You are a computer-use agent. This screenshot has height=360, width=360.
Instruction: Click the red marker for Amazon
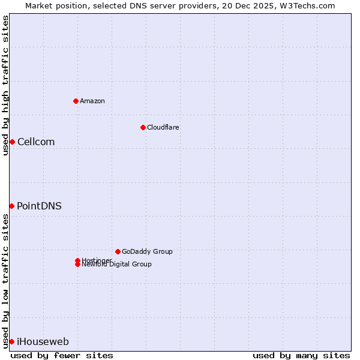coord(76,101)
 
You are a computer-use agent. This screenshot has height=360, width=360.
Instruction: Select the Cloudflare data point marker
coord(143,127)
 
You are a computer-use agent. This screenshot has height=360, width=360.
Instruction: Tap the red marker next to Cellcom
coord(12,142)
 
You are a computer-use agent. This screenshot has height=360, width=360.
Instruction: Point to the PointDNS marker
coord(11,206)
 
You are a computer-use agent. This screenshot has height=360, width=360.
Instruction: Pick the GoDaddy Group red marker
coord(118,251)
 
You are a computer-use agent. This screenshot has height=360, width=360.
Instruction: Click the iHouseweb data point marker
coord(11,341)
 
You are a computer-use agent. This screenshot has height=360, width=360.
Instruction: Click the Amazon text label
coord(92,101)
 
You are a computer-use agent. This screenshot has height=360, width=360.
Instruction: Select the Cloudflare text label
coord(163,127)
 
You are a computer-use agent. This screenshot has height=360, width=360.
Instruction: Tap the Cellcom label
coord(36,142)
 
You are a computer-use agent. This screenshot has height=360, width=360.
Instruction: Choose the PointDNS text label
coord(39,206)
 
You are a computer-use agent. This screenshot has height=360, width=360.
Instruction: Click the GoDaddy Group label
coord(147,251)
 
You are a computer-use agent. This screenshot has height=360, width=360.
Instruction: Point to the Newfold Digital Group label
coord(116,264)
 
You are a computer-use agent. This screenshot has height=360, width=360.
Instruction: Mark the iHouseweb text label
coord(43,342)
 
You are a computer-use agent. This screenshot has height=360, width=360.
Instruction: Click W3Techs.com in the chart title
coord(304,5)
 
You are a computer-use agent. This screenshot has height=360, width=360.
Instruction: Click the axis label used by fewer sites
coord(62,355)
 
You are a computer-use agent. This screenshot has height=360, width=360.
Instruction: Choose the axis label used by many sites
coord(301,355)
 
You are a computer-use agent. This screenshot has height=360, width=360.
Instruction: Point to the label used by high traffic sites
coord(5,85)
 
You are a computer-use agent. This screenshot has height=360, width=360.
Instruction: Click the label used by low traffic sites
coord(5,281)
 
